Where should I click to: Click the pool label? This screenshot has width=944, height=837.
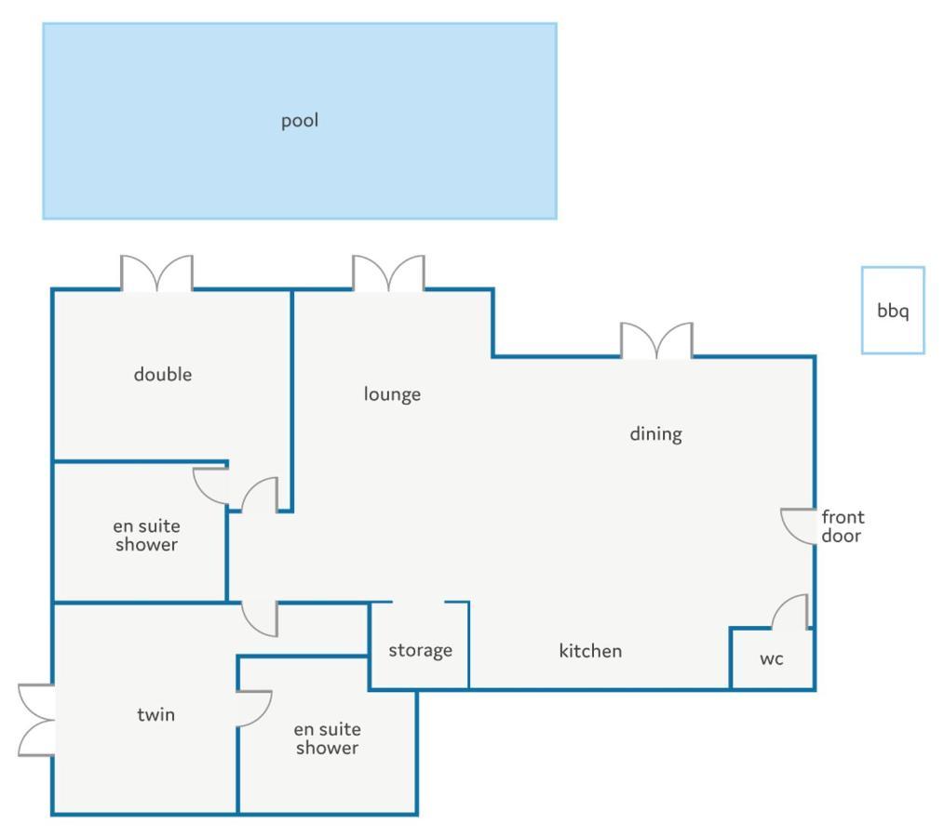[300, 121]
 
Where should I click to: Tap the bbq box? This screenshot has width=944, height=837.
[893, 311]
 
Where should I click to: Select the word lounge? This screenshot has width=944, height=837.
[392, 394]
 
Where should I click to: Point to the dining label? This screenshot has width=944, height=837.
[655, 434]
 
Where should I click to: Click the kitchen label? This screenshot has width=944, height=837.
[590, 651]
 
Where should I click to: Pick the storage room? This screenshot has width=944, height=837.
[420, 645]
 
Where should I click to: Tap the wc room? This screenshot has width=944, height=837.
[773, 658]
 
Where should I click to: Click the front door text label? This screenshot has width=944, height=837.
[843, 526]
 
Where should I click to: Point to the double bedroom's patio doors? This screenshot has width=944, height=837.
[156, 273]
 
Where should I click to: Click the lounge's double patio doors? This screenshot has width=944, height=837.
[388, 273]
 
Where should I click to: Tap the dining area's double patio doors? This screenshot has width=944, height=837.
[657, 340]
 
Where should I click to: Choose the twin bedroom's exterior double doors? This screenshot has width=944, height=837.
[36, 720]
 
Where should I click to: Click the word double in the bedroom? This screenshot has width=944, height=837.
[163, 375]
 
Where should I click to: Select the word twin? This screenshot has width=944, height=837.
[155, 714]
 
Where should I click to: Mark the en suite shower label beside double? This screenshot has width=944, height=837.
[146, 535]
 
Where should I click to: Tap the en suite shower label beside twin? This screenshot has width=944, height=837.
[328, 738]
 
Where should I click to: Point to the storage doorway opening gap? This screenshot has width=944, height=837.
[418, 602]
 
